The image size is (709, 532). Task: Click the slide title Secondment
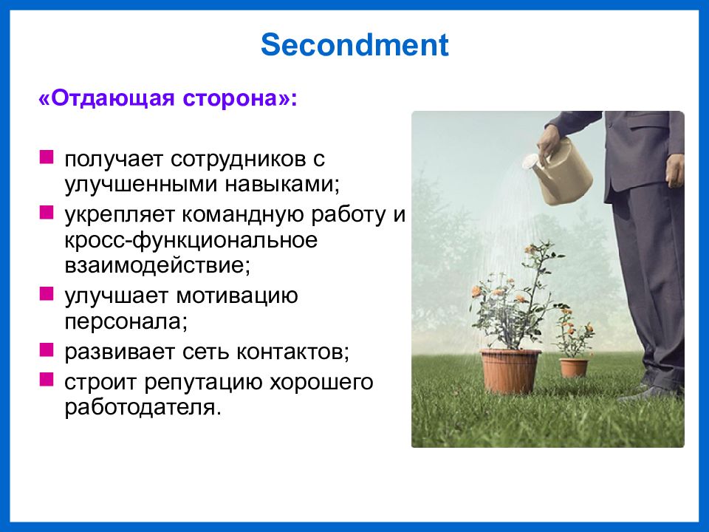pyautogui.click(x=354, y=44)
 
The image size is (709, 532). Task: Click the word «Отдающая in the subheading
pyautogui.click(x=106, y=98)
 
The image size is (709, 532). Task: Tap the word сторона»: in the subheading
pyautogui.click(x=240, y=98)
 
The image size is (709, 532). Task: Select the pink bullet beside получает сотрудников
pyautogui.click(x=47, y=157)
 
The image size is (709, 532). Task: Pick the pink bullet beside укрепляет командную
pyautogui.click(x=47, y=212)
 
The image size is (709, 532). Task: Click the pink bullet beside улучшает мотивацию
pyautogui.click(x=47, y=293)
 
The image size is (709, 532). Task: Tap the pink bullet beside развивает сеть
pyautogui.click(x=47, y=349)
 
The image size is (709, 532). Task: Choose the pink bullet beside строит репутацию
pyautogui.click(x=47, y=379)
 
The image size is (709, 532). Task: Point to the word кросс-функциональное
pyautogui.click(x=191, y=241)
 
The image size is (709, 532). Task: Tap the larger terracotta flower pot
pyautogui.click(x=510, y=370)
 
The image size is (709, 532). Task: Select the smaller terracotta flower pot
pyautogui.click(x=574, y=367)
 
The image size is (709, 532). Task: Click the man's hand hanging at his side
pyautogui.click(x=675, y=171)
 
